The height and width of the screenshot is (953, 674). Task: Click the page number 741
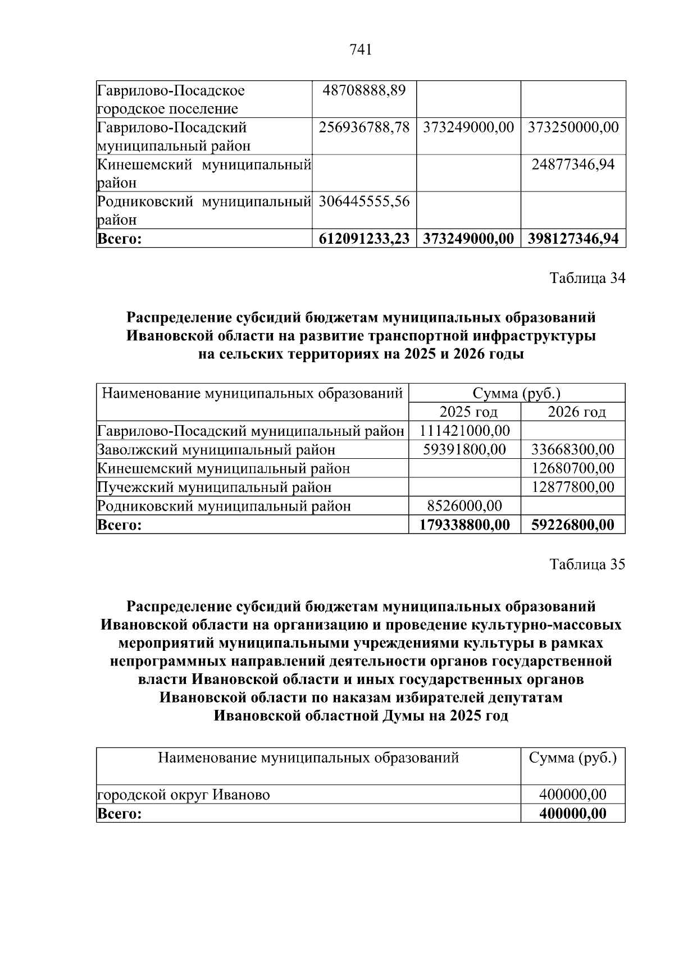[x=361, y=50]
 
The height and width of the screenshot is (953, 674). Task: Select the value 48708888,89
[x=364, y=90]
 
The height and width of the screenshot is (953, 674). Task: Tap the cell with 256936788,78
[x=364, y=127]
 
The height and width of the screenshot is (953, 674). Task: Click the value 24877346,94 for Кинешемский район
[x=573, y=165]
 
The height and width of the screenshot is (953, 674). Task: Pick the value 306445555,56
[x=364, y=202]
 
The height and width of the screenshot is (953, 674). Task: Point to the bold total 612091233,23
[x=364, y=239]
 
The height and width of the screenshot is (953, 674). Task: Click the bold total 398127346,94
[x=573, y=239]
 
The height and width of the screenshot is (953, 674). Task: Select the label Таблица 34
[x=587, y=278]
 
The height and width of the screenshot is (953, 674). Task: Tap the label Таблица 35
[x=587, y=564]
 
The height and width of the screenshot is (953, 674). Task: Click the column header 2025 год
[x=468, y=412]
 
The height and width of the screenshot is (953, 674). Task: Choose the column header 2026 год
[x=577, y=412]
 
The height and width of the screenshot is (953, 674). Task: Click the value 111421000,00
[x=465, y=431]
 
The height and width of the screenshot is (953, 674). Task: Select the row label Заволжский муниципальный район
[x=216, y=450]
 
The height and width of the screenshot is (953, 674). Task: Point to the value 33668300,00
[x=573, y=450]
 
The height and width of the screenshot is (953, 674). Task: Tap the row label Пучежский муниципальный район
[x=215, y=487]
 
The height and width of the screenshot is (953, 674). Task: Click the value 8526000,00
[x=464, y=506]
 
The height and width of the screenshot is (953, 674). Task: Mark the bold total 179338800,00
[x=465, y=525]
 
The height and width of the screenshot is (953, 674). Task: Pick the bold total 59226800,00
[x=573, y=525]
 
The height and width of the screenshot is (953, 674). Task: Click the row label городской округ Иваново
[x=184, y=795]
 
